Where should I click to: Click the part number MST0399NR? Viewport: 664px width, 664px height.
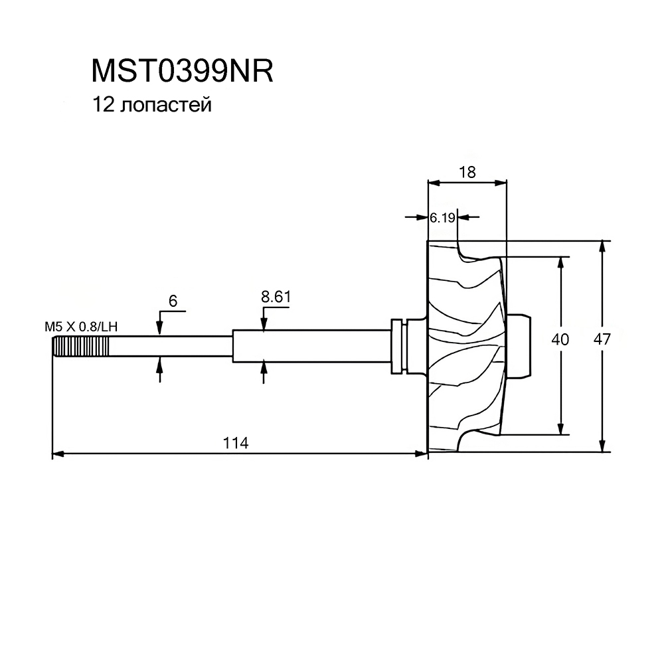pyautogui.click(x=182, y=71)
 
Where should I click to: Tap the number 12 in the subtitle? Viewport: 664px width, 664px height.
pyautogui.click(x=104, y=105)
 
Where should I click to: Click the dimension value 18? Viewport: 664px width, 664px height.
pyautogui.click(x=467, y=173)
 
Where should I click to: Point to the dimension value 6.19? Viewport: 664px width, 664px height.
pyautogui.click(x=442, y=218)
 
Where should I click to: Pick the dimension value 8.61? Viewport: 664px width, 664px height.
pyautogui.click(x=276, y=297)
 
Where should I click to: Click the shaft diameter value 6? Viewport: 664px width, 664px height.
pyautogui.click(x=173, y=301)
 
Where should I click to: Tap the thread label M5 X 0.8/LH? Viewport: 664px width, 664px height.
pyautogui.click(x=81, y=327)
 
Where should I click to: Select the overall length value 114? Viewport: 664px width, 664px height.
pyautogui.click(x=236, y=443)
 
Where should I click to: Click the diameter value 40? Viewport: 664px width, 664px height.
pyautogui.click(x=560, y=339)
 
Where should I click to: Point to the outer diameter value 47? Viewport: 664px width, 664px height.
pyautogui.click(x=602, y=339)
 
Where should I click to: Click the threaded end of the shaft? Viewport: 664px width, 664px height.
pyautogui.click(x=81, y=347)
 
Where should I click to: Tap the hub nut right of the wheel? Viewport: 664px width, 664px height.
pyautogui.click(x=518, y=345)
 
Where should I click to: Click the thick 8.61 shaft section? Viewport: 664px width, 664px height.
pyautogui.click(x=311, y=346)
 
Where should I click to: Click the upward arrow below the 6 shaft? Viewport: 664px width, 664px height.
pyautogui.click(x=159, y=369)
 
